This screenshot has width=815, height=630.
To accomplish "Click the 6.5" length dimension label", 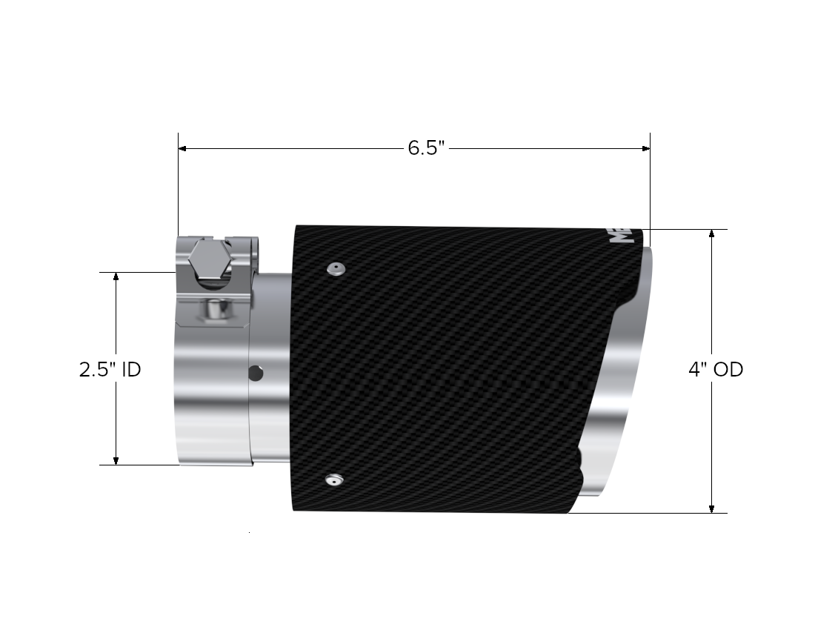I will [x=426, y=147].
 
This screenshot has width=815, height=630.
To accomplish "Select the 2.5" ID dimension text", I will [x=110, y=369].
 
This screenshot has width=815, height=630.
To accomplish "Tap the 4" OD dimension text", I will [x=715, y=369].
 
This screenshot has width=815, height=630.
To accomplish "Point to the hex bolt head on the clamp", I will [x=208, y=261].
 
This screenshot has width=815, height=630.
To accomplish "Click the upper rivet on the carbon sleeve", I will [x=336, y=268].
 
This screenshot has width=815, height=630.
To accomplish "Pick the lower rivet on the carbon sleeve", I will [x=333, y=481].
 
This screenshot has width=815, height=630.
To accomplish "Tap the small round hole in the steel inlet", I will [x=256, y=372].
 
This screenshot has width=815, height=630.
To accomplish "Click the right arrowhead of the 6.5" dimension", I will [x=645, y=148].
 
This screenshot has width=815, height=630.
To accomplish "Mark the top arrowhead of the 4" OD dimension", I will [x=711, y=233].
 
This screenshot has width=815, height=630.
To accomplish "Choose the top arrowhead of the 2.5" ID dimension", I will [x=116, y=276].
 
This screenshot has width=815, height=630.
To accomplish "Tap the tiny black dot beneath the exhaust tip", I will [x=250, y=532].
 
